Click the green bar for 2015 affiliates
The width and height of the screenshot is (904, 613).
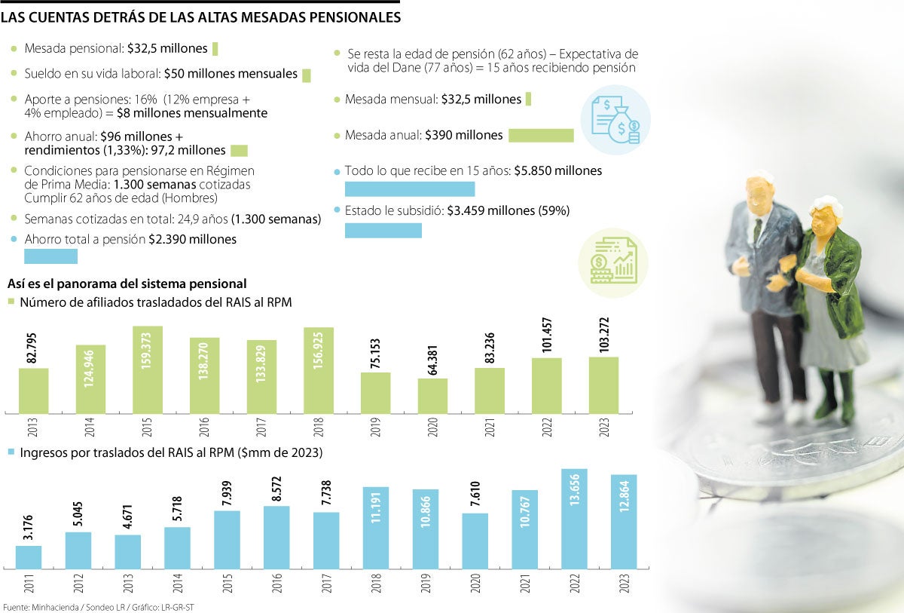148,369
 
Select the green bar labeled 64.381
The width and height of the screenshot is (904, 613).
432,395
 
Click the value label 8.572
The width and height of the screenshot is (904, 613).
277,483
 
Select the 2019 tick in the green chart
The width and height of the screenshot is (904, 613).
376,429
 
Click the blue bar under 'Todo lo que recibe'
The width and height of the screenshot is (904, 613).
409,188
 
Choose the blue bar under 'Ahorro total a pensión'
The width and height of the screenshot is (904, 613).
51,256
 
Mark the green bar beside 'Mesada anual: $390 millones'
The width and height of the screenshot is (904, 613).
541,136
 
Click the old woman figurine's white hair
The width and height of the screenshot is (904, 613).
827,205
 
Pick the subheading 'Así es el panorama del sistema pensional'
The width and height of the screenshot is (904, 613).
127,284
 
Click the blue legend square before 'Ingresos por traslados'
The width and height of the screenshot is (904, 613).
11,453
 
